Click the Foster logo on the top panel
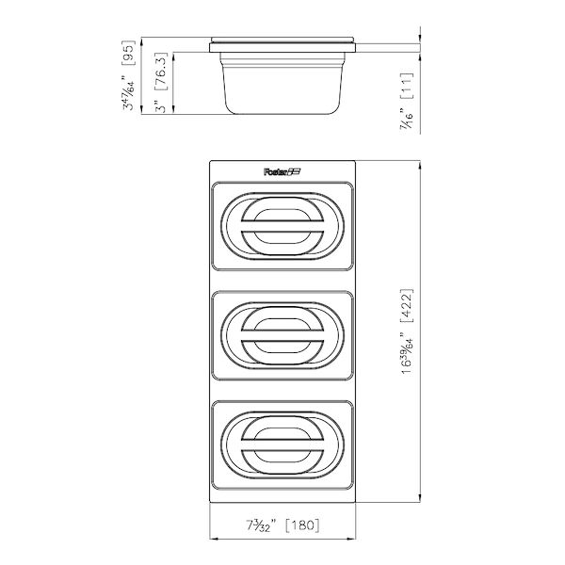tap(282, 170)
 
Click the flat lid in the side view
tap(282, 42)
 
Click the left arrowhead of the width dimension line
tap(211, 540)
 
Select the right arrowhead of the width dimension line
tap(353, 540)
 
